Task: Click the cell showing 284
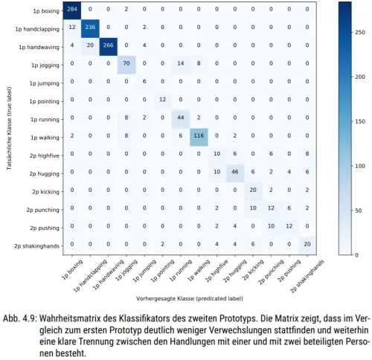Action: (x=72, y=10)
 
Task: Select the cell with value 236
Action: (x=90, y=28)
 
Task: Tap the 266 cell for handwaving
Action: (x=109, y=45)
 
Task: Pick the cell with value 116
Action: (x=199, y=136)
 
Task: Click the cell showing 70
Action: (x=126, y=63)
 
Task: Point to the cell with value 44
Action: (x=181, y=118)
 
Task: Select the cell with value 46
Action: (x=235, y=172)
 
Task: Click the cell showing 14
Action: (x=181, y=63)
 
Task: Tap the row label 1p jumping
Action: (x=45, y=83)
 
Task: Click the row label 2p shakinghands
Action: (x=37, y=246)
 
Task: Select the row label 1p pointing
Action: (x=45, y=101)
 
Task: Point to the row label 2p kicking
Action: (x=45, y=192)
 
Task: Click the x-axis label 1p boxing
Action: (x=72, y=269)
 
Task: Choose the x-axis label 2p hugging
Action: (x=234, y=271)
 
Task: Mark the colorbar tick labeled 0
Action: (x=356, y=255)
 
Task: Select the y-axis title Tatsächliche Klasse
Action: (x=10, y=129)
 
